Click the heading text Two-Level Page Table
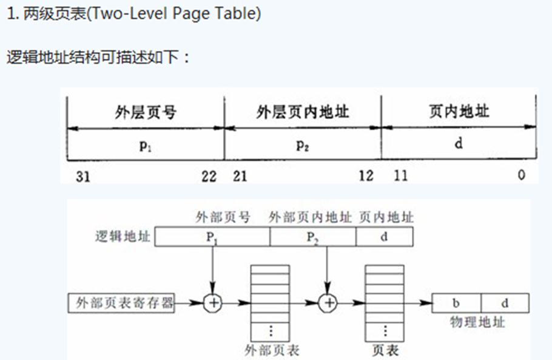(133, 14)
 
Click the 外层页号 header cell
(146, 112)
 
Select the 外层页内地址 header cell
(303, 112)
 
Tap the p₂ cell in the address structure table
(303, 144)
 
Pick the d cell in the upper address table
(459, 144)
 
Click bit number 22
(208, 176)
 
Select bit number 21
(241, 176)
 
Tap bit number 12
(366, 176)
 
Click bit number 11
(400, 176)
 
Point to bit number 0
(521, 176)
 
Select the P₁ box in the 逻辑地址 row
(212, 236)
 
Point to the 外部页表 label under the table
(271, 350)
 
